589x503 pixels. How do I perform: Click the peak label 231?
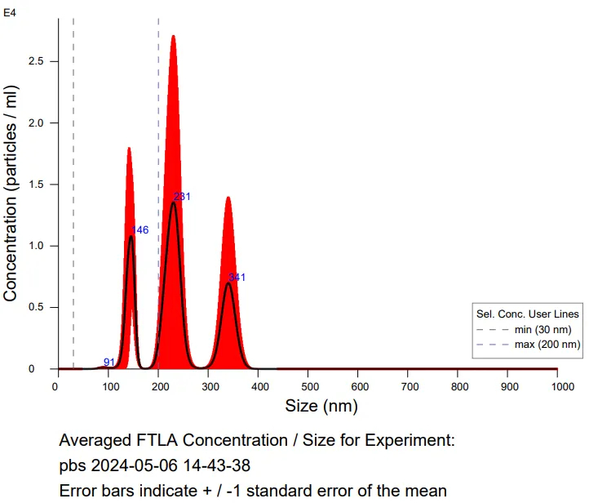[x=183, y=197]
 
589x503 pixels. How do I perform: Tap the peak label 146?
[x=140, y=230]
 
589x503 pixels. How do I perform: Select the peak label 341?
[x=237, y=278]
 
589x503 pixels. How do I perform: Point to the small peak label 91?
[x=109, y=362]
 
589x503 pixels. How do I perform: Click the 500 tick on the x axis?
[x=307, y=385]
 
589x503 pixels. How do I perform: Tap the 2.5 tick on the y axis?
[x=37, y=61]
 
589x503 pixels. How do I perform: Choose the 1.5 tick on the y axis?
[x=37, y=185]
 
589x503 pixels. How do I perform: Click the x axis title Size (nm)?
[x=321, y=406]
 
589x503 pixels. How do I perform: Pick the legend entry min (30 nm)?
[x=542, y=329]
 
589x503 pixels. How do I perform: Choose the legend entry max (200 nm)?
[x=545, y=345]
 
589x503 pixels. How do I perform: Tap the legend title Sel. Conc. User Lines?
[x=528, y=314]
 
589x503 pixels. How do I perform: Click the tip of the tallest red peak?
[x=173, y=36]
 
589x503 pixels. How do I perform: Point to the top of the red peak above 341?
[x=228, y=198]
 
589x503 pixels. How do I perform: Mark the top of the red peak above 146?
[x=129, y=148]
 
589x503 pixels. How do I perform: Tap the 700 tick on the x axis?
[x=407, y=385]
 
